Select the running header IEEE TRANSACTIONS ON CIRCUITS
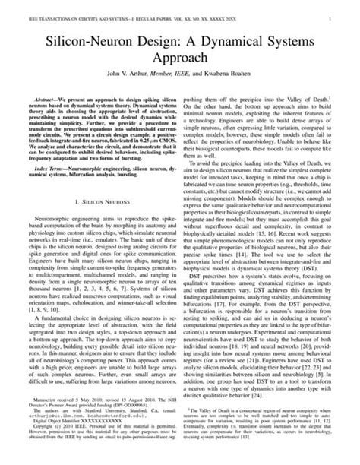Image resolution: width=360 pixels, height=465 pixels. click(x=68, y=11)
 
